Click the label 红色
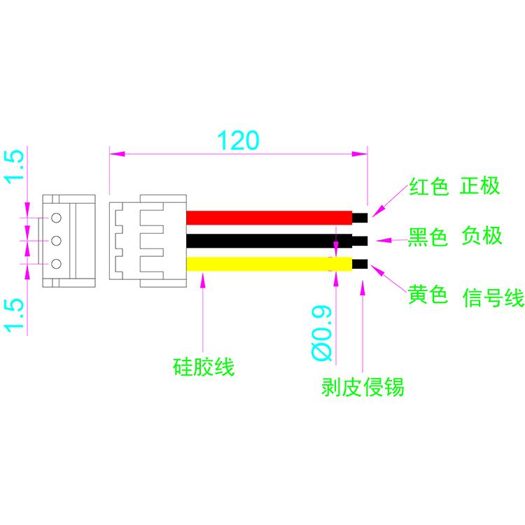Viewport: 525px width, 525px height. point(428,188)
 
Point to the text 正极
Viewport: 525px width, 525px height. point(481,186)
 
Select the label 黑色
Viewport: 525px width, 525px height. point(428,238)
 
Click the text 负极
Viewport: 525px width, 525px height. point(482,236)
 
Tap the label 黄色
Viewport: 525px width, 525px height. point(428,296)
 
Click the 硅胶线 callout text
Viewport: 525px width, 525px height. point(203,366)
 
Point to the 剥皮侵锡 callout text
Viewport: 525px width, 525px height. point(363,386)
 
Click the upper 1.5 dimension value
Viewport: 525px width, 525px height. point(16,167)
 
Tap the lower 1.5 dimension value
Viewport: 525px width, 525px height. point(16,314)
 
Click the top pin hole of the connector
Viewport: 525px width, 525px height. point(57,218)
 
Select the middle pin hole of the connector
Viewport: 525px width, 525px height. point(57,241)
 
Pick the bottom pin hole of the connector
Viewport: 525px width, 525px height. point(57,264)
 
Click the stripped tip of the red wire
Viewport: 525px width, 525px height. point(360,217)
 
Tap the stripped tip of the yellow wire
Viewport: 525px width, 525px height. point(360,264)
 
